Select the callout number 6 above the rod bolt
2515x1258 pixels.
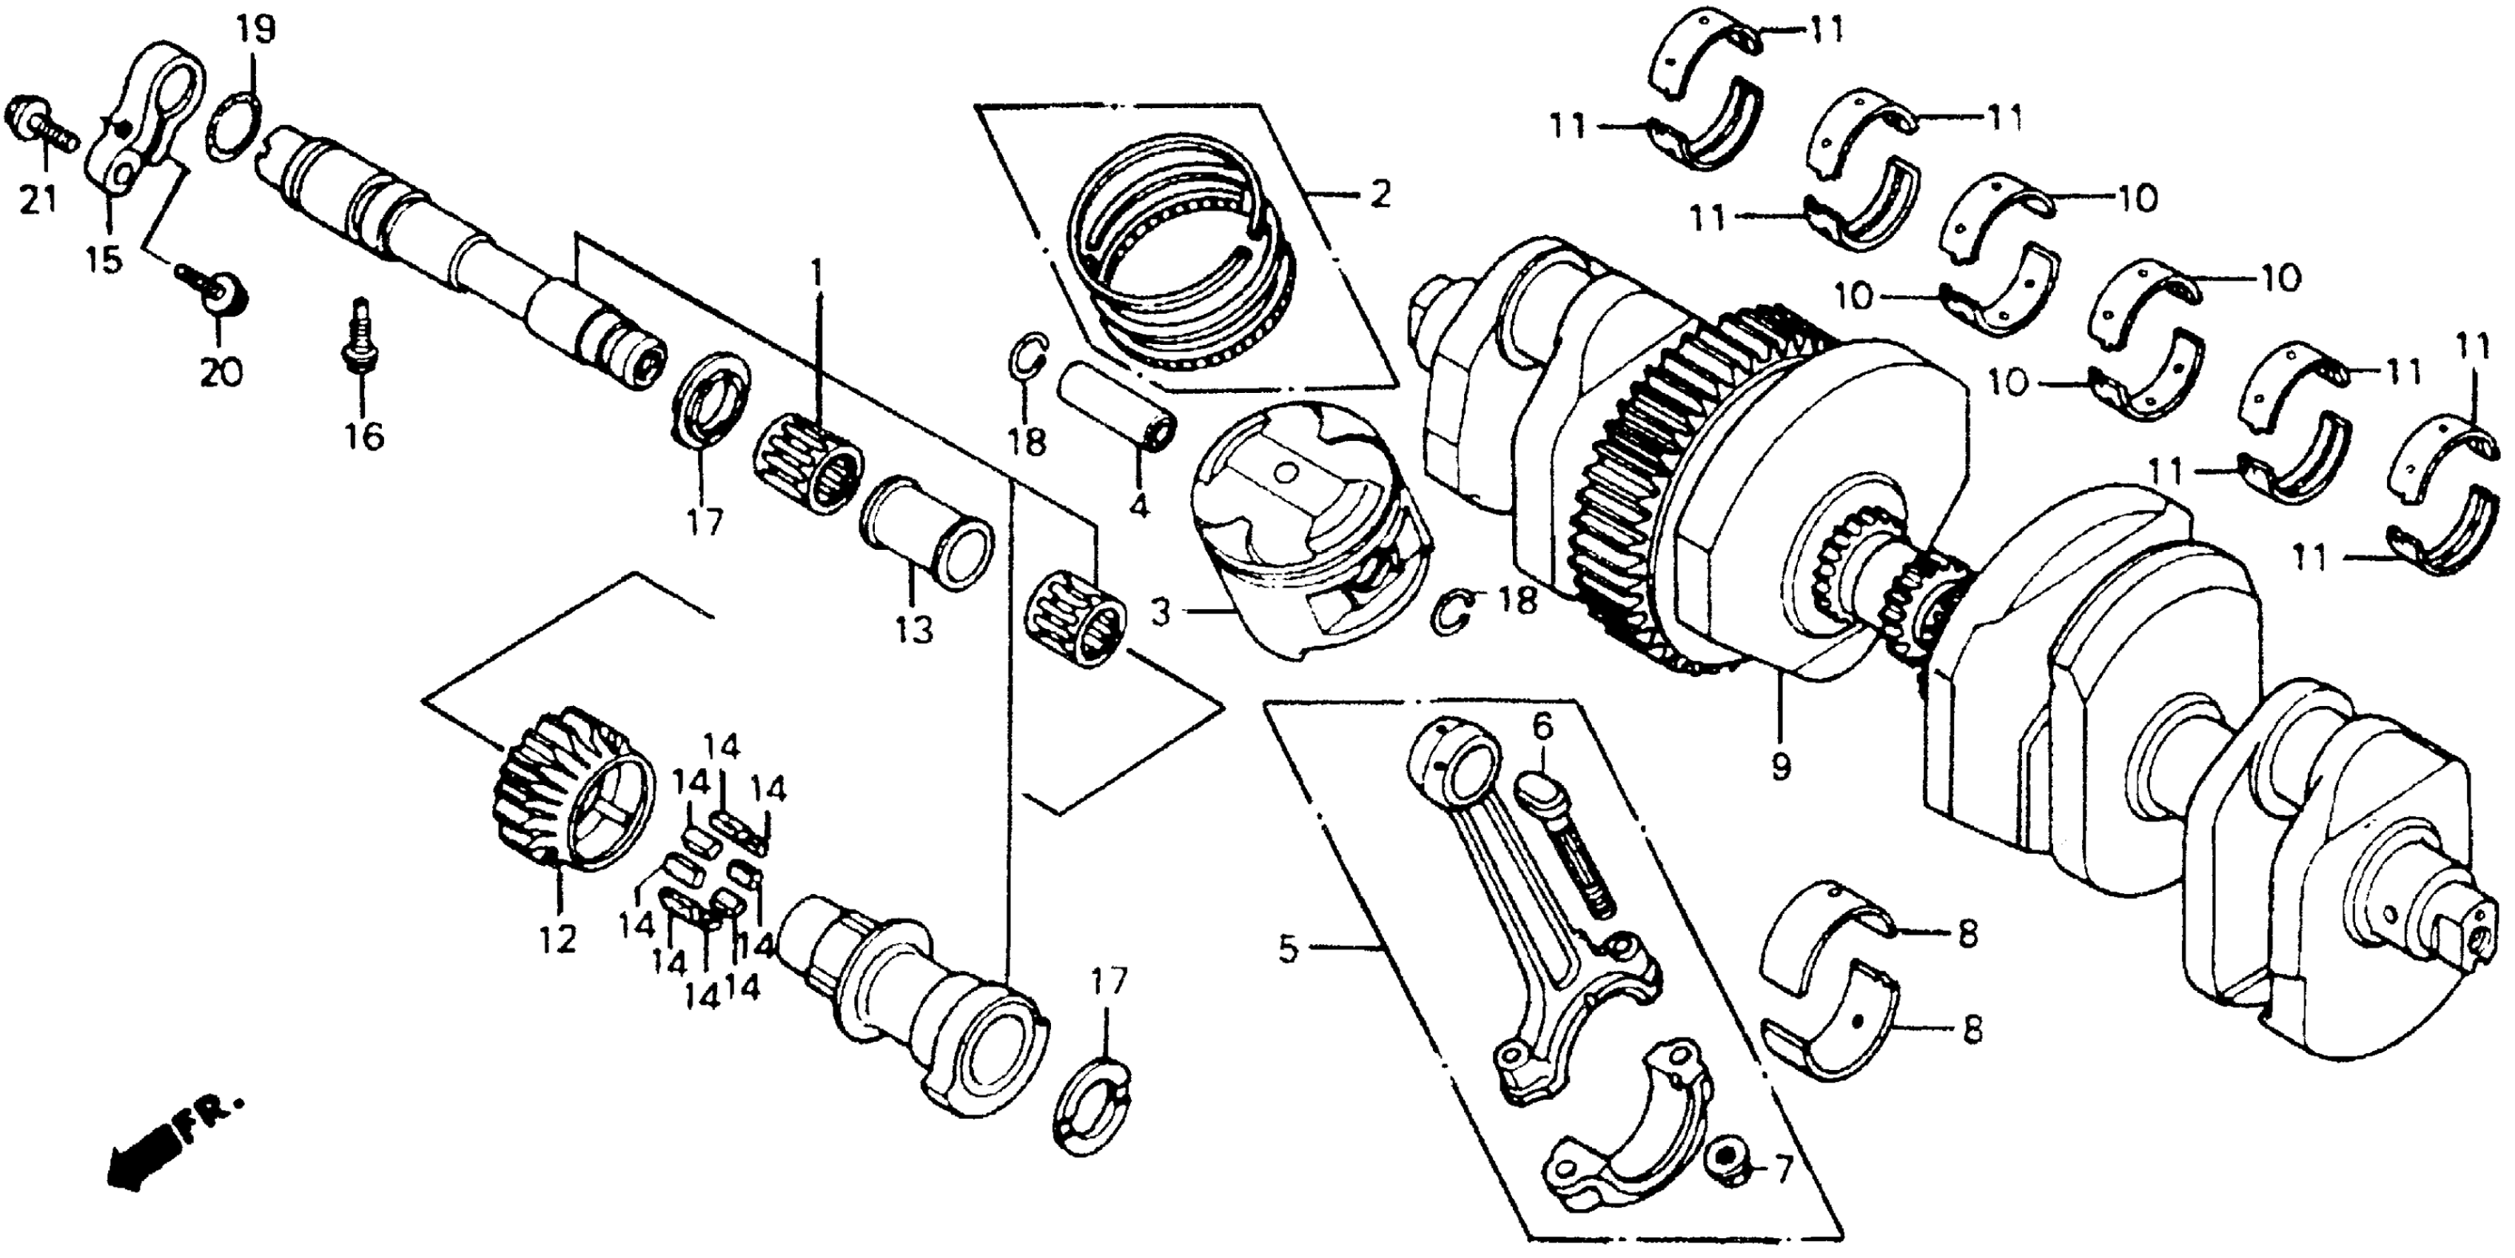(x=1542, y=726)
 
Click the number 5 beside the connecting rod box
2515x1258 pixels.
(x=1289, y=948)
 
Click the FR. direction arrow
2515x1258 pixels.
(x=147, y=1151)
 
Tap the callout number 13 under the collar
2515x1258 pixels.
(x=914, y=630)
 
